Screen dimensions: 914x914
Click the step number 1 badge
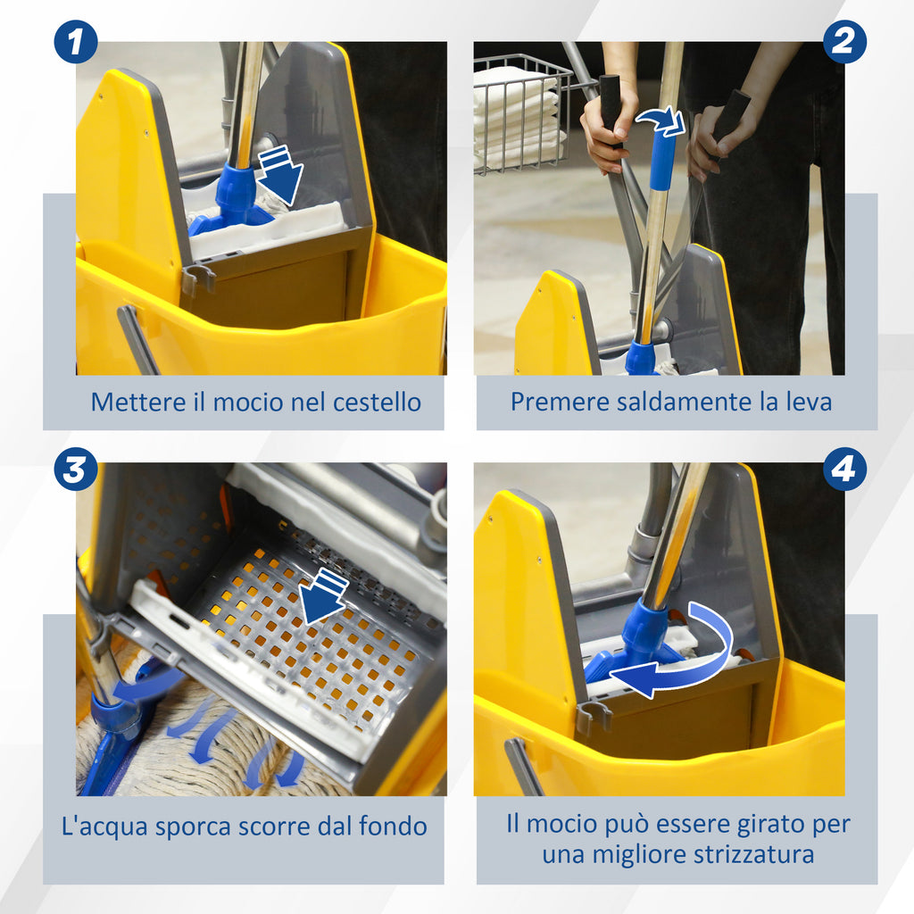click(76, 42)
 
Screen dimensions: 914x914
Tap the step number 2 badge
click(844, 42)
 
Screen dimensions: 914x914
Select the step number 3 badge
click(76, 469)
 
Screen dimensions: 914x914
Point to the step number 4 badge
click(844, 469)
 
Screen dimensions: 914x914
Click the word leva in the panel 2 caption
click(808, 402)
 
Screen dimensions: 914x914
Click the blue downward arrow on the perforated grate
click(323, 597)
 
